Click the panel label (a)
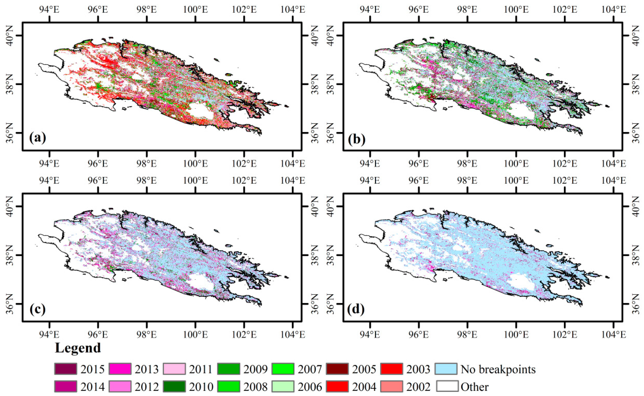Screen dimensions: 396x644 point(38,138)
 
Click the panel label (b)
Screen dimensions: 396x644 point(357,139)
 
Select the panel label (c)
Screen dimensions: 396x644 point(38,309)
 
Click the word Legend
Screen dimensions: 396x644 point(78,348)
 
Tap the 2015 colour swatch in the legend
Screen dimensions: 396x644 point(66,369)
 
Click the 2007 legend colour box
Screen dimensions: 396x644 point(283,369)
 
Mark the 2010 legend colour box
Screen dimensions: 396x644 point(174,386)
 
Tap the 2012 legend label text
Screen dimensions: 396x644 point(147,387)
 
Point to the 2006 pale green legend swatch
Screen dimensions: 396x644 point(283,386)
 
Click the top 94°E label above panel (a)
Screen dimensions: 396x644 point(49,10)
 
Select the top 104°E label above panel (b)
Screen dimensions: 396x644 point(613,10)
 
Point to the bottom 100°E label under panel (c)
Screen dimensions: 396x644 point(195,334)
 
